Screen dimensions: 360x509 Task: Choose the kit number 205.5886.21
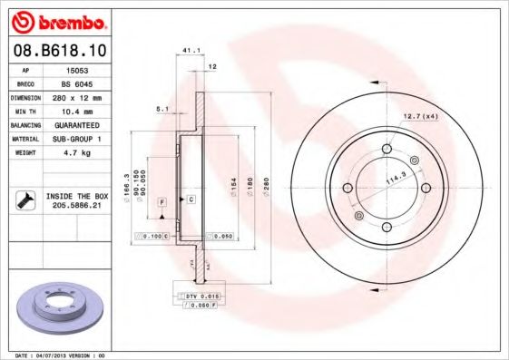[76, 206]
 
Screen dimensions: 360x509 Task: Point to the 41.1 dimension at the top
[190, 51]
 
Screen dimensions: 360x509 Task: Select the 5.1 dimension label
[163, 109]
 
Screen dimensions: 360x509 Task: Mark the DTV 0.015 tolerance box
[199, 297]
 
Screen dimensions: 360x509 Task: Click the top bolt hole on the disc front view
[386, 149]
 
